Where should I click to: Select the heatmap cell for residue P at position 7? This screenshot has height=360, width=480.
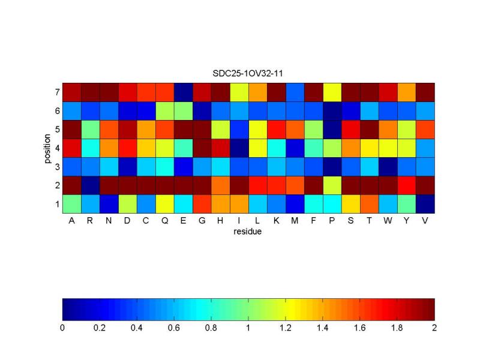click(x=332, y=92)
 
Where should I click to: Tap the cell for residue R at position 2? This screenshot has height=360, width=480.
click(x=90, y=185)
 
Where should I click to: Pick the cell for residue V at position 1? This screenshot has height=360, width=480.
click(x=425, y=204)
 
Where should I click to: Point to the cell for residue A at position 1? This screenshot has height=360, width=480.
click(x=71, y=204)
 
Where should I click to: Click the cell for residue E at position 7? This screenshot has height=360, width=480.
click(x=183, y=92)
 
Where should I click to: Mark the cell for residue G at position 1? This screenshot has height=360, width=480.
click(x=202, y=204)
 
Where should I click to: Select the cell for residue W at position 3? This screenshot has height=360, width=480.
click(x=388, y=167)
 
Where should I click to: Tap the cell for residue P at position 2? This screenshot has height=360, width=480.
click(x=332, y=185)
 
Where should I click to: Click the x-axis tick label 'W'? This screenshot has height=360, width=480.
click(x=388, y=221)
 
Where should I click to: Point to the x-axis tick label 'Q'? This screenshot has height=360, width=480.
click(x=164, y=221)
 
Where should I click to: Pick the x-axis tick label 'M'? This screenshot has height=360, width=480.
click(x=295, y=221)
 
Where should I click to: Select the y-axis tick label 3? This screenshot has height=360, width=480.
click(x=56, y=167)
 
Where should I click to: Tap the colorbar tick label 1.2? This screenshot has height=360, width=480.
click(x=286, y=328)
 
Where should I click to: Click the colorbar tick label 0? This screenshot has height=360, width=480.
click(x=62, y=328)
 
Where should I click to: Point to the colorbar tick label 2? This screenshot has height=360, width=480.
click(x=434, y=328)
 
